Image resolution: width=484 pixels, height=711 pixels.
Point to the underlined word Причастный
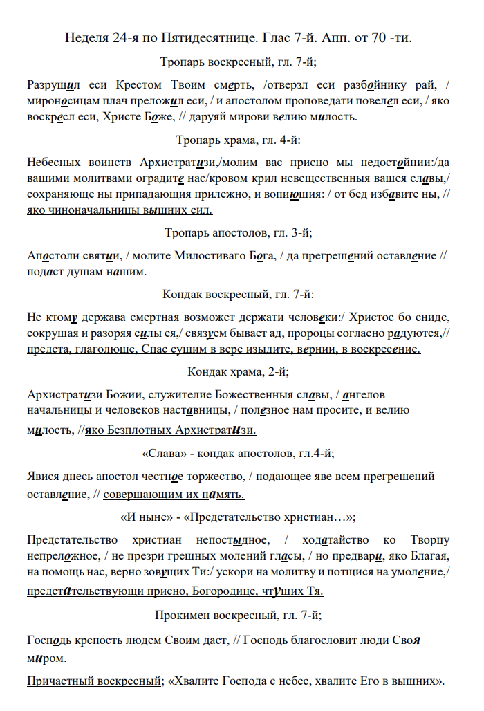tap(59, 682)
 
